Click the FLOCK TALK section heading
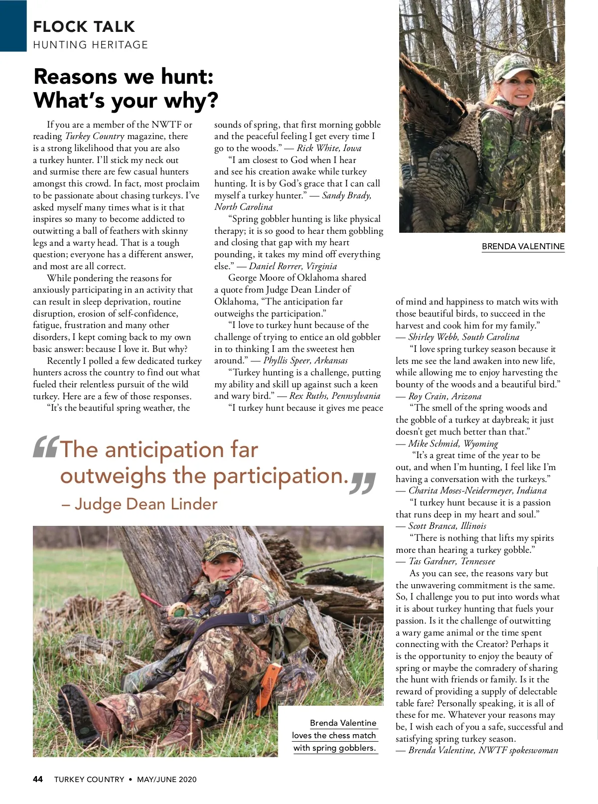(x=84, y=26)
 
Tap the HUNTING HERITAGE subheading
(x=90, y=45)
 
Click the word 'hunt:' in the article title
(x=187, y=77)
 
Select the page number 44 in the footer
(x=38, y=779)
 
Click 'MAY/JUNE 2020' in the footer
(x=166, y=779)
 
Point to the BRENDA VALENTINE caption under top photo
(x=523, y=246)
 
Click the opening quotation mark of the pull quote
(x=46, y=447)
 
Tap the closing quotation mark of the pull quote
(x=363, y=482)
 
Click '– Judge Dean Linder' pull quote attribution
(x=139, y=504)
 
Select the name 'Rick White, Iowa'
(x=329, y=148)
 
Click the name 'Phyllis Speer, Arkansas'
(x=305, y=360)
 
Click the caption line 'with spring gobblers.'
(x=334, y=748)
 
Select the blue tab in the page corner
(x=13, y=25)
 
